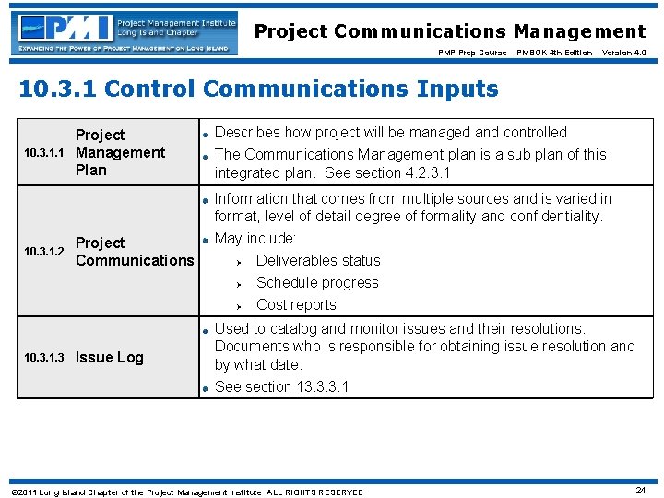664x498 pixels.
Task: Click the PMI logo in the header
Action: (x=125, y=32)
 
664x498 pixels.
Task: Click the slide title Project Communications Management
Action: (x=450, y=31)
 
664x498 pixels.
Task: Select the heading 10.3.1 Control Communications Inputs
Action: (x=258, y=89)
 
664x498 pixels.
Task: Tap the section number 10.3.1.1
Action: (x=43, y=153)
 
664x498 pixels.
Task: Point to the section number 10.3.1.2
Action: (x=43, y=252)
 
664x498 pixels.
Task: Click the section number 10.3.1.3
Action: (x=43, y=358)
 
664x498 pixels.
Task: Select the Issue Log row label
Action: (x=109, y=358)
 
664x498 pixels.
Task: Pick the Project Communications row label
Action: (x=135, y=252)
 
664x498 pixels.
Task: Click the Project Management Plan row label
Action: (x=120, y=152)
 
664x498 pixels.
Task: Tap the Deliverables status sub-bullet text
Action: (x=317, y=261)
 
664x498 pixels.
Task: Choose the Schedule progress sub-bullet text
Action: (x=316, y=283)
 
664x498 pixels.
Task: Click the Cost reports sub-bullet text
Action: (x=296, y=305)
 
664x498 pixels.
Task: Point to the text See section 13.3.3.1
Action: (x=281, y=387)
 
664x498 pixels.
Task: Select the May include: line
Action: (x=255, y=239)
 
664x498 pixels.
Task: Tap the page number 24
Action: (x=640, y=491)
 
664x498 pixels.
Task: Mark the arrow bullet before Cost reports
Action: (x=237, y=306)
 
